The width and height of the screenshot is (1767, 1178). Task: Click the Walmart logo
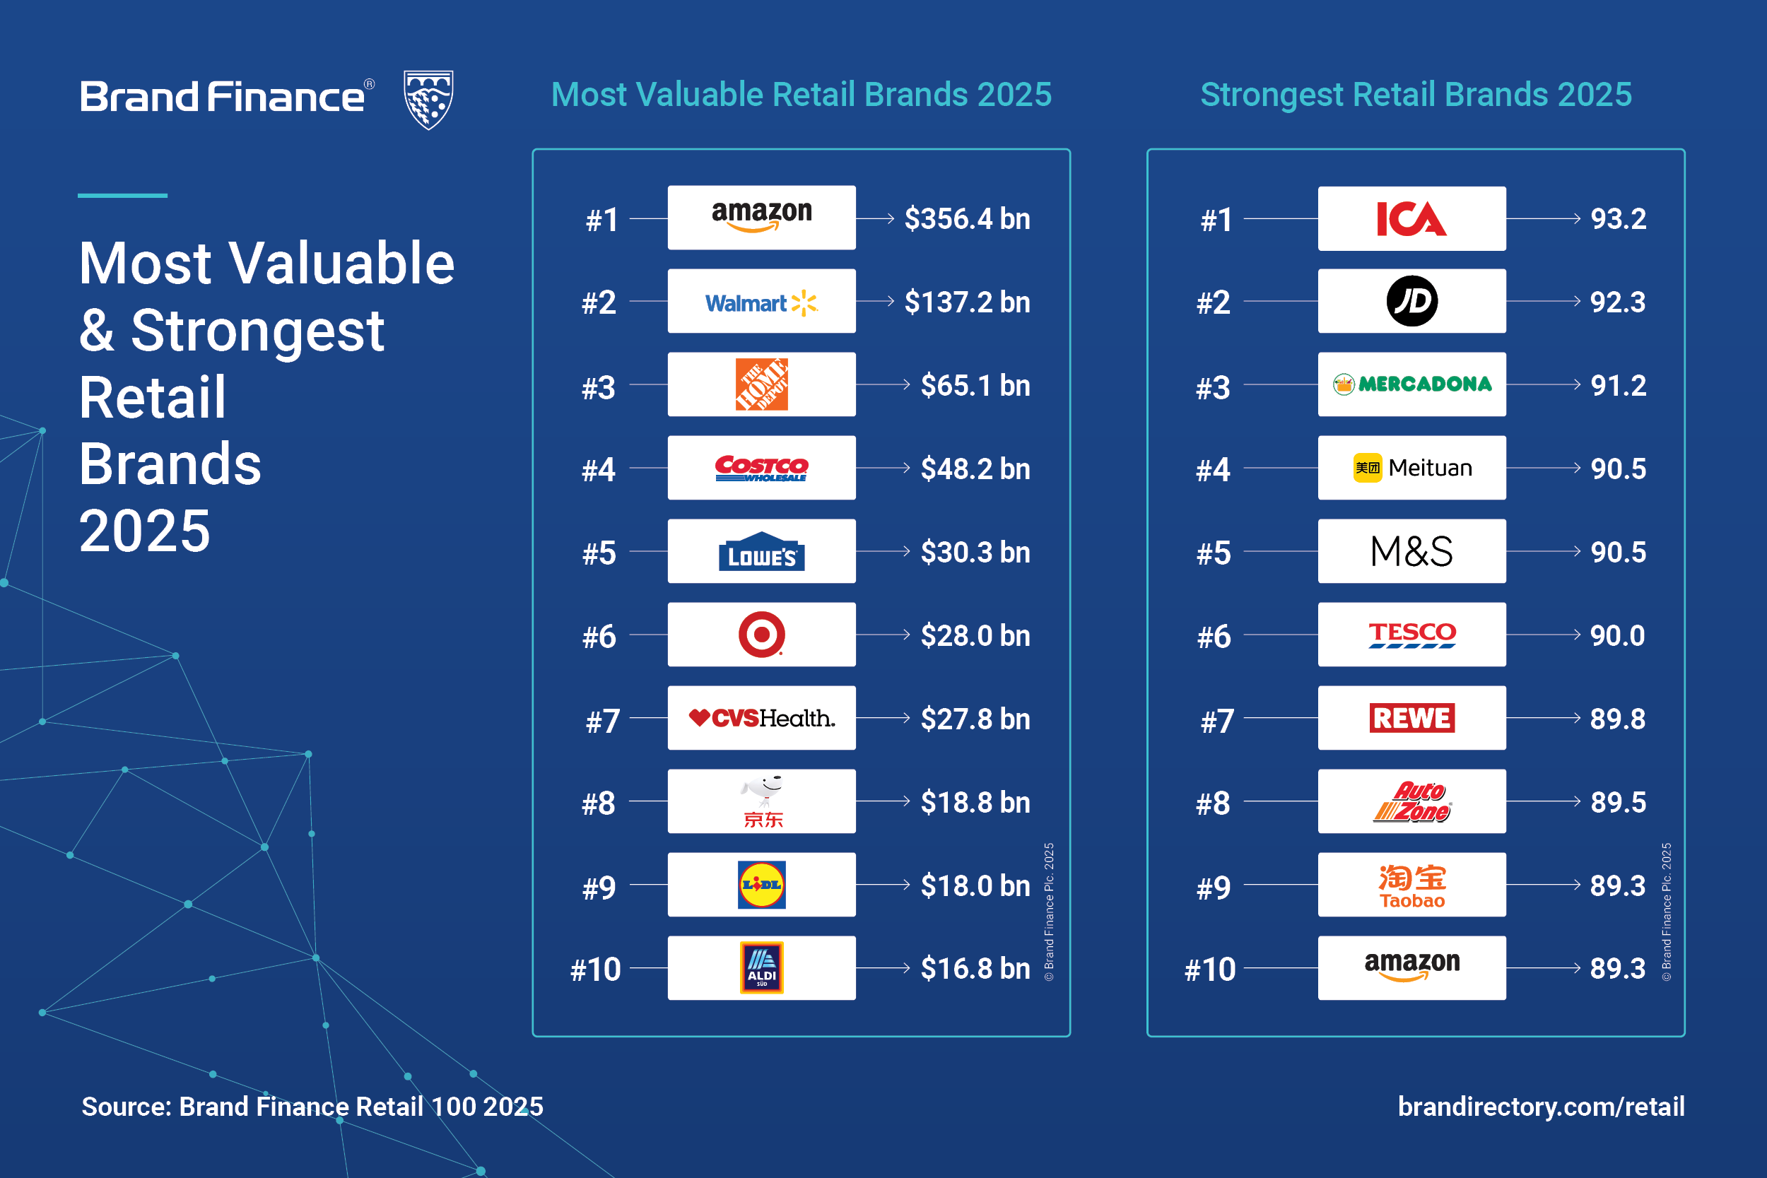pos(761,302)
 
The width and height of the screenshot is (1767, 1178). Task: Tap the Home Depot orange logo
pos(761,384)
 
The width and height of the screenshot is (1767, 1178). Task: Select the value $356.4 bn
pos(967,218)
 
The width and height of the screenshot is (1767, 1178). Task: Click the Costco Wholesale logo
pos(761,468)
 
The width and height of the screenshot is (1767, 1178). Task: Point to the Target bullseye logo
pos(761,635)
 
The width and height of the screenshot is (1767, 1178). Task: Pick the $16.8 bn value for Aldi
pos(975,968)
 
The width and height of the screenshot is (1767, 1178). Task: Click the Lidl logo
pos(761,885)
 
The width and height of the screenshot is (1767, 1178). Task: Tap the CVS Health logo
pos(761,718)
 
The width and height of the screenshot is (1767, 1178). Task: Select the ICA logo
pos(1411,218)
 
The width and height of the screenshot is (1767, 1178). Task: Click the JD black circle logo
pos(1411,301)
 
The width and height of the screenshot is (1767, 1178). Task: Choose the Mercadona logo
pos(1411,384)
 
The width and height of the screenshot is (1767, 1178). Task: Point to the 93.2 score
pos(1619,218)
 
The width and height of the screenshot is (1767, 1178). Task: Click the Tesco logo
pos(1411,635)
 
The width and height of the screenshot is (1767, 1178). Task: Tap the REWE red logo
pos(1411,718)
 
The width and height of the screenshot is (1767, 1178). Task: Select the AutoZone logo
pos(1411,801)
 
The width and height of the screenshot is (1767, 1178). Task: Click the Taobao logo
pos(1411,885)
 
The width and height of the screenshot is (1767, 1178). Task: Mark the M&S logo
pos(1411,551)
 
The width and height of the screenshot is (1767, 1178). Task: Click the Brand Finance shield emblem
pos(428,99)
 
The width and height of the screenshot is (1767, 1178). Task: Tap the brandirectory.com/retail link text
pos(1541,1107)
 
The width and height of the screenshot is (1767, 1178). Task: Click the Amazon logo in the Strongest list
pos(1411,967)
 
